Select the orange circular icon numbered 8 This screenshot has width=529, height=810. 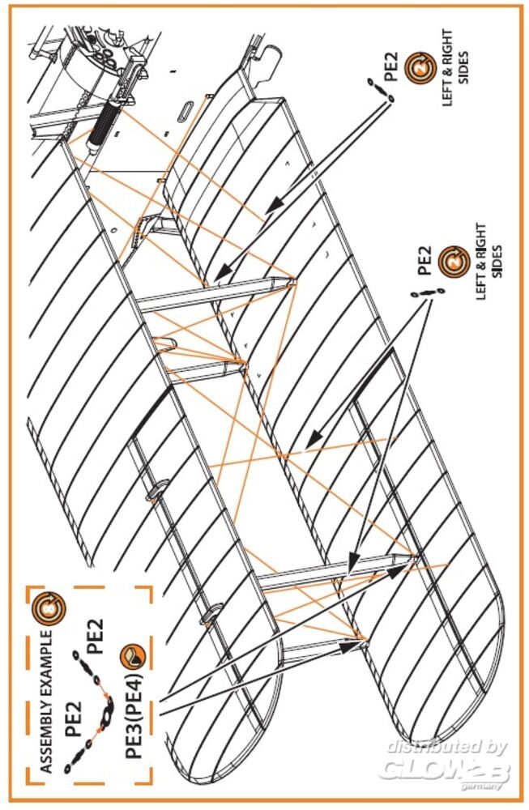(50, 608)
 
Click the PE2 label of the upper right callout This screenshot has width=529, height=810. (392, 68)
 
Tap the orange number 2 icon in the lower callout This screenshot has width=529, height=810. (454, 261)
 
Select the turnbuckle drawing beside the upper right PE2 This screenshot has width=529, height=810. (380, 89)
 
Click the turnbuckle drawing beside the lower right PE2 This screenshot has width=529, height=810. (428, 293)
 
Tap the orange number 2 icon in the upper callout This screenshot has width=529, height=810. (420, 68)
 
